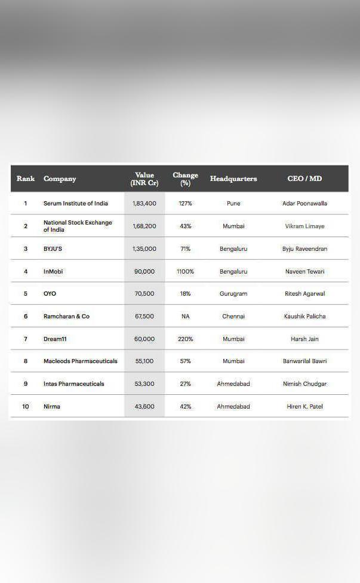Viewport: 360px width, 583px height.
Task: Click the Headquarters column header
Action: (233, 179)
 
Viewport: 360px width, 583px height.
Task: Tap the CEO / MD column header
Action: (304, 179)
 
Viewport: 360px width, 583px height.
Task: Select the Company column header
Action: (60, 179)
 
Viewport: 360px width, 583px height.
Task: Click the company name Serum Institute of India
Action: (76, 204)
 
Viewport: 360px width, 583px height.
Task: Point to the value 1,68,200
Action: (144, 226)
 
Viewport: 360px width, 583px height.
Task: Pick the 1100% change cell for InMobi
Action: (185, 271)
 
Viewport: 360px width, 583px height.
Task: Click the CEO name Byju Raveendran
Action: (304, 249)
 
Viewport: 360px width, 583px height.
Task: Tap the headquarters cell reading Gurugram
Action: (233, 294)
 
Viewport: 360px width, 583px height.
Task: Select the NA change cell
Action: (185, 317)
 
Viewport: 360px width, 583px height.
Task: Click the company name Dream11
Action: (54, 339)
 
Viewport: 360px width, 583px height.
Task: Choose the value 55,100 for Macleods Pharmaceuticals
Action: (144, 361)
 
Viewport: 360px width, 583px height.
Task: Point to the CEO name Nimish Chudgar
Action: (304, 384)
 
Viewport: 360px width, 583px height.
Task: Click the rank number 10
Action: (26, 407)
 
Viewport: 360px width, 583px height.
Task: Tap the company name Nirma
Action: (52, 407)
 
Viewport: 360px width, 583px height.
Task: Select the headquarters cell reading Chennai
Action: (233, 317)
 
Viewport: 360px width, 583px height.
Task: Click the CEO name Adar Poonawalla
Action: (304, 204)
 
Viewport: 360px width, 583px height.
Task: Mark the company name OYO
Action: (50, 294)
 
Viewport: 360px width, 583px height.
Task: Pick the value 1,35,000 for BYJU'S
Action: (144, 249)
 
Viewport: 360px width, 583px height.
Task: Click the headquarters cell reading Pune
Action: (233, 204)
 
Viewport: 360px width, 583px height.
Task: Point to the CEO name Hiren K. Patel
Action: (304, 407)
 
